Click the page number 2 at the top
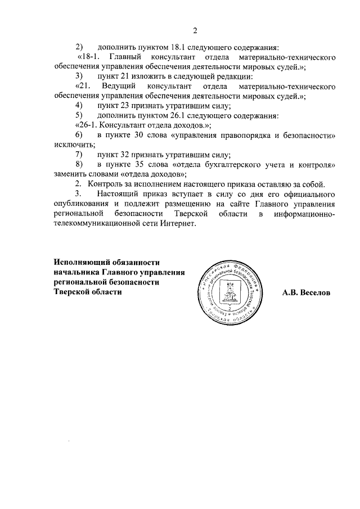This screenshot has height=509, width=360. point(195,30)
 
